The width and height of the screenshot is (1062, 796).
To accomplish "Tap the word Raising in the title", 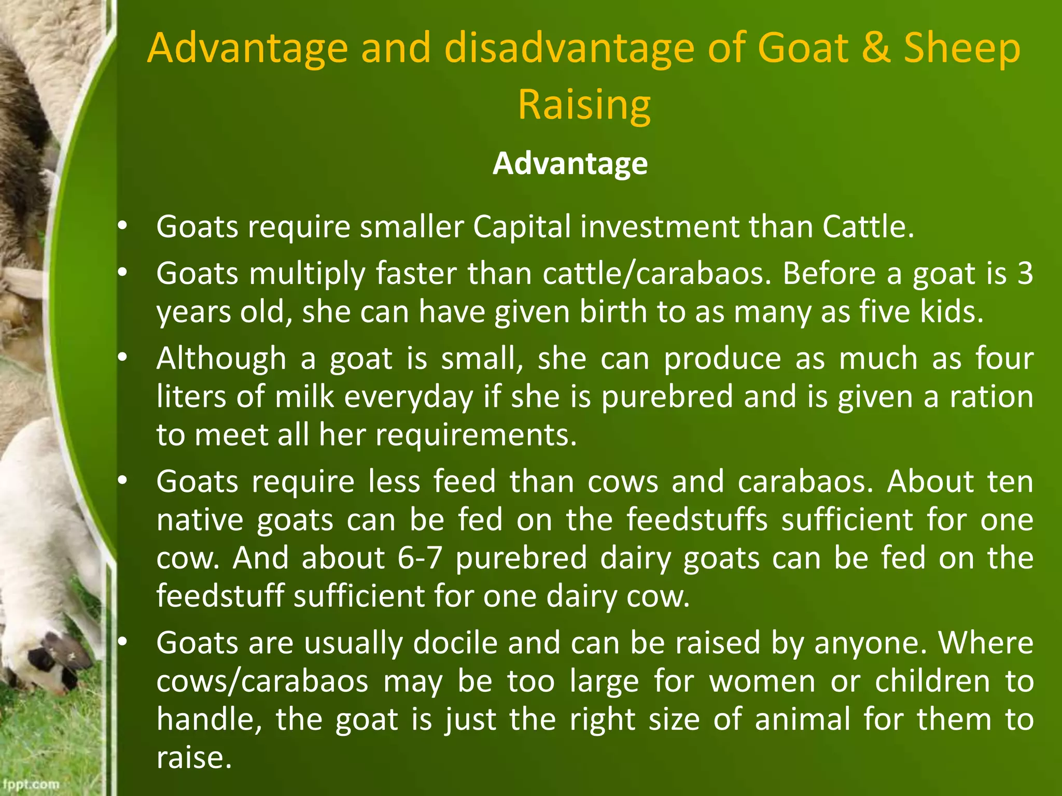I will tap(584, 104).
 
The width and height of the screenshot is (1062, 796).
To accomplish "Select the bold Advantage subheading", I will tap(570, 164).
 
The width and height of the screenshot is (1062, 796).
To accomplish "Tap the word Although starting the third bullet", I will tap(221, 358).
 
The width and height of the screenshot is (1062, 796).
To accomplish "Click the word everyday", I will tap(409, 397).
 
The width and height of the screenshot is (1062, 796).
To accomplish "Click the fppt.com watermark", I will tap(31, 784).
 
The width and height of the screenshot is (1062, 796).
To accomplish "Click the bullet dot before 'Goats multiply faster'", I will tap(122, 273).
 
